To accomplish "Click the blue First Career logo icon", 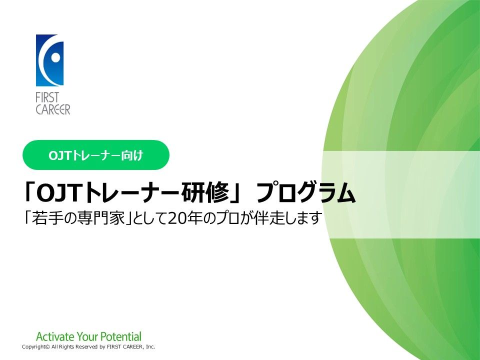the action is [x=49, y=60].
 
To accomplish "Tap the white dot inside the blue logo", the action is [x=55, y=57].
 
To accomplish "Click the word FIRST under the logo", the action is [x=47, y=98].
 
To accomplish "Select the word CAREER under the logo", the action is [x=53, y=109].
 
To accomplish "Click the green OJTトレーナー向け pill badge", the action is [x=96, y=155].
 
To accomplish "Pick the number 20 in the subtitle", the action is [x=176, y=218].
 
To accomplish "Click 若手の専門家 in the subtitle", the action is [x=78, y=218].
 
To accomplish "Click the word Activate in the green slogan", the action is [x=55, y=336].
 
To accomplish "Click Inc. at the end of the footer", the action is [x=150, y=347].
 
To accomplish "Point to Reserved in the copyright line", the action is [x=86, y=347].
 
